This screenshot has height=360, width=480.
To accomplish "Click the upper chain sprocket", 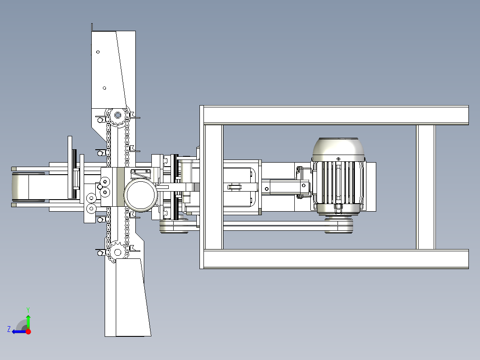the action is pos(118,115).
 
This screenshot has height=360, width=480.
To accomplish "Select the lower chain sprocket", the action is pos(118,253).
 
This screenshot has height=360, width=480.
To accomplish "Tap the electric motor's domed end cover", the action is pos(338,149).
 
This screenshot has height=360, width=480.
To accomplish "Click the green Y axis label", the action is pos(28,310).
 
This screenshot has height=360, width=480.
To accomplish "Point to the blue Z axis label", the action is pos(9,329).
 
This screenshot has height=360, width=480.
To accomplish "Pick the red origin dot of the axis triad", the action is pos(28,331).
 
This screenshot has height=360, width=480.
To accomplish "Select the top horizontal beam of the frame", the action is pos(334,115).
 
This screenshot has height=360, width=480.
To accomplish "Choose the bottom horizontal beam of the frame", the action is pos(334,259).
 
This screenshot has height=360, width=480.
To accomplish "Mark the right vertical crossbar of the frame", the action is pos(426,187).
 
